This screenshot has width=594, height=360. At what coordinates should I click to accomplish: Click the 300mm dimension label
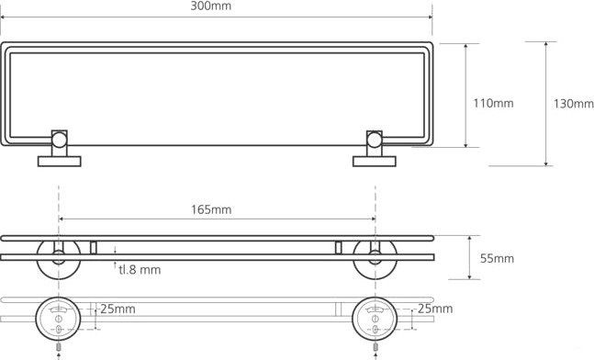pos(210,6)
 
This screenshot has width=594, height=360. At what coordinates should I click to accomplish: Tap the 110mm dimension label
pos(493,103)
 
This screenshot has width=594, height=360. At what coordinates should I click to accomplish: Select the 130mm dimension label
pos(574,104)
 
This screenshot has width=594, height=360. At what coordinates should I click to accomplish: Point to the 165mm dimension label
pos(211,209)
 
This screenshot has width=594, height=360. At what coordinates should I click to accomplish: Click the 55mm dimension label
pos(497,258)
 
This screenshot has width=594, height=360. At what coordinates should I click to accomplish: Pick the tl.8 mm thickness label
pos(140,270)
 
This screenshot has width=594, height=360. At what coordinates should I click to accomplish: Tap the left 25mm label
pos(118,309)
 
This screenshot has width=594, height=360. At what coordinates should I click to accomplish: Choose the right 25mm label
pos(435,309)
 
